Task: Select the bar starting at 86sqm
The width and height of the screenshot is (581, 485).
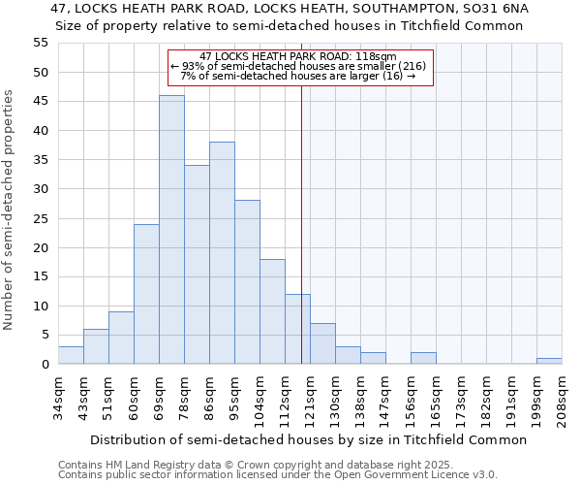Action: [222, 253]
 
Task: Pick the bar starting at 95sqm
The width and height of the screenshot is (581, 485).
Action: [247, 282]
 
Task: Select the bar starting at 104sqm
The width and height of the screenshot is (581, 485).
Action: [272, 311]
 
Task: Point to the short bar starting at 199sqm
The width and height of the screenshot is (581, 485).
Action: [549, 361]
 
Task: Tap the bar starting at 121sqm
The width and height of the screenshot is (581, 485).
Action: [322, 343]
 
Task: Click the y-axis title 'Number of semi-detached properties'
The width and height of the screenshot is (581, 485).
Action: [10, 210]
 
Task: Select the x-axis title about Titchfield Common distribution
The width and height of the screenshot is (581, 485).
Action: [310, 439]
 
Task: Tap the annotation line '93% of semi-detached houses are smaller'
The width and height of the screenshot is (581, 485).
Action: [298, 66]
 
